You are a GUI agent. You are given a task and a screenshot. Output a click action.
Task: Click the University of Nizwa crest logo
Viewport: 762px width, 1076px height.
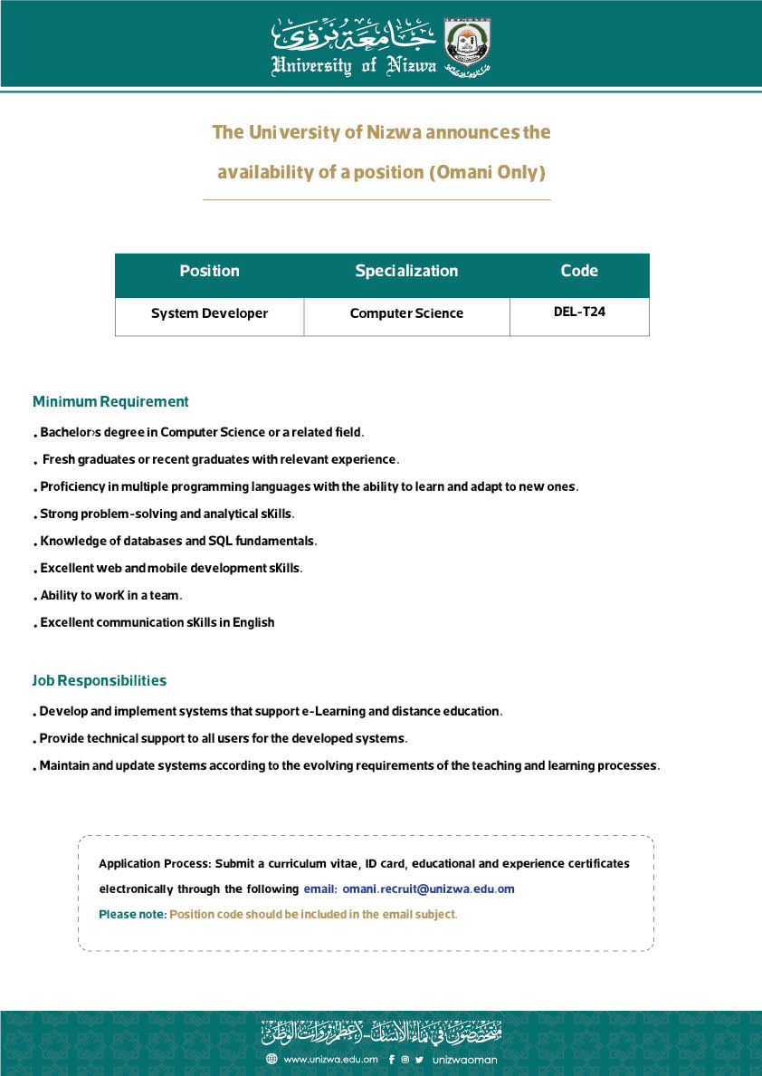(x=468, y=46)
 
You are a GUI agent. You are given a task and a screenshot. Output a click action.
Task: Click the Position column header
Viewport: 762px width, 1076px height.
(x=209, y=271)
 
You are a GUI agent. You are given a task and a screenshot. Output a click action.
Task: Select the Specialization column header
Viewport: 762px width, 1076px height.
(x=406, y=271)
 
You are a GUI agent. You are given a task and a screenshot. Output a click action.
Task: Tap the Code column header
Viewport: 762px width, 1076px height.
(x=579, y=271)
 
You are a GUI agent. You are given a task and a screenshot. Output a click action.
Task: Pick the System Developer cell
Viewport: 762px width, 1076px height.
(x=209, y=313)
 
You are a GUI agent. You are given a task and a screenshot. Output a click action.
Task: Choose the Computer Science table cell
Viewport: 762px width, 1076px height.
(x=406, y=313)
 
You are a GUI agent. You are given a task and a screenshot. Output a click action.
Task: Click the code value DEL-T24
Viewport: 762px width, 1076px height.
(x=579, y=312)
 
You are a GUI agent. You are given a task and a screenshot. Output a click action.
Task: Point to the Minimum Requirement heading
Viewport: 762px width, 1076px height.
(x=110, y=401)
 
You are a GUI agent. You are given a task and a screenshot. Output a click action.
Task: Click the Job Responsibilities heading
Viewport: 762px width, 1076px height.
(x=100, y=680)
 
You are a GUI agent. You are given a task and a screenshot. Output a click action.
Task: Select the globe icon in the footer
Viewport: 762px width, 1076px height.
(x=271, y=1059)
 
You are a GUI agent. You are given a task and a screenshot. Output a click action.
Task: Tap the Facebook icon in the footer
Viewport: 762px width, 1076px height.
(x=391, y=1059)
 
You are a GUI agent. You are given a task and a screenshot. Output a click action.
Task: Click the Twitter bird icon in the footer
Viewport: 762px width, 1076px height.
(x=419, y=1059)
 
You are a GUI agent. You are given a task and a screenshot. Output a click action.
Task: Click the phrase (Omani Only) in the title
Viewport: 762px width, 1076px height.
(x=487, y=172)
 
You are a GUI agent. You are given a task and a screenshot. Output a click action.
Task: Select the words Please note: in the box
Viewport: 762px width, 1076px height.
(x=132, y=915)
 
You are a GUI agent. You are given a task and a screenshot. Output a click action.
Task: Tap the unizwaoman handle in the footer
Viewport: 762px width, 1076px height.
(x=465, y=1059)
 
